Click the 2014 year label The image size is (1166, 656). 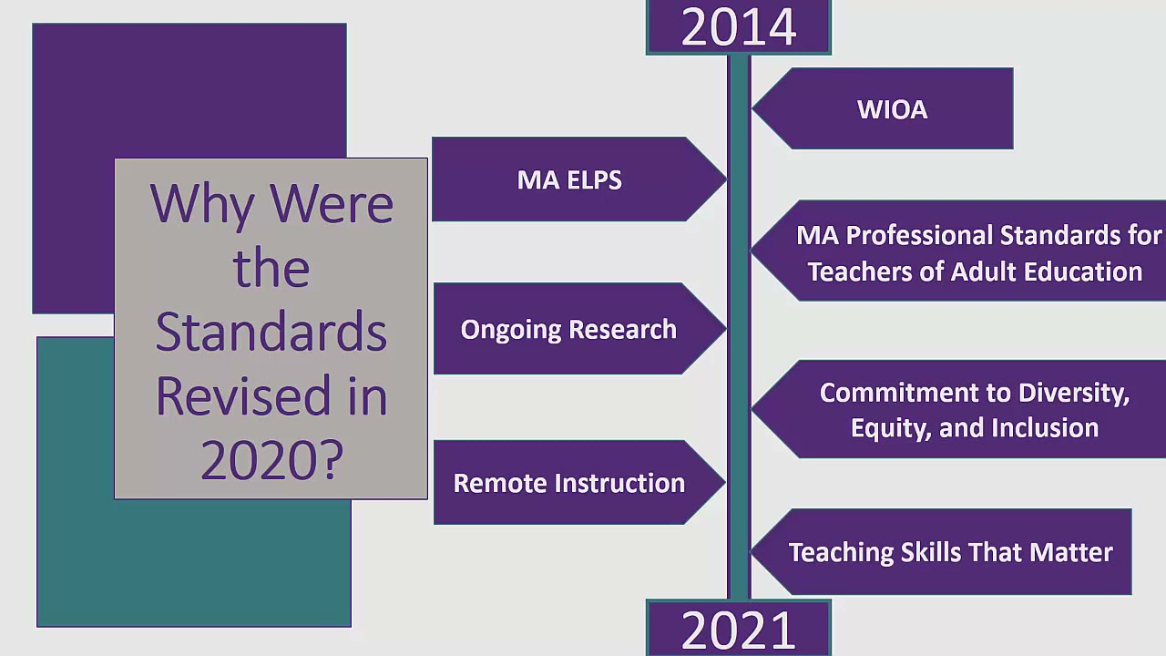pyautogui.click(x=738, y=27)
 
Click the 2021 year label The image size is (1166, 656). pyautogui.click(x=738, y=630)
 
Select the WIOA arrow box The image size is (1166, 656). pyautogui.click(x=892, y=109)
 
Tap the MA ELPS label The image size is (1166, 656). pyautogui.click(x=569, y=179)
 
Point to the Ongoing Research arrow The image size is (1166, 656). pyautogui.click(x=568, y=329)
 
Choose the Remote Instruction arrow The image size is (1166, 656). pyautogui.click(x=568, y=483)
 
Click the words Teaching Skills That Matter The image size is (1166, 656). pyautogui.click(x=950, y=552)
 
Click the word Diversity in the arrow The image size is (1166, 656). pyautogui.click(x=1074, y=393)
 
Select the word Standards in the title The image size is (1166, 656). pyautogui.click(x=271, y=332)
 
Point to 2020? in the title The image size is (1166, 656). pyautogui.click(x=271, y=460)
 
